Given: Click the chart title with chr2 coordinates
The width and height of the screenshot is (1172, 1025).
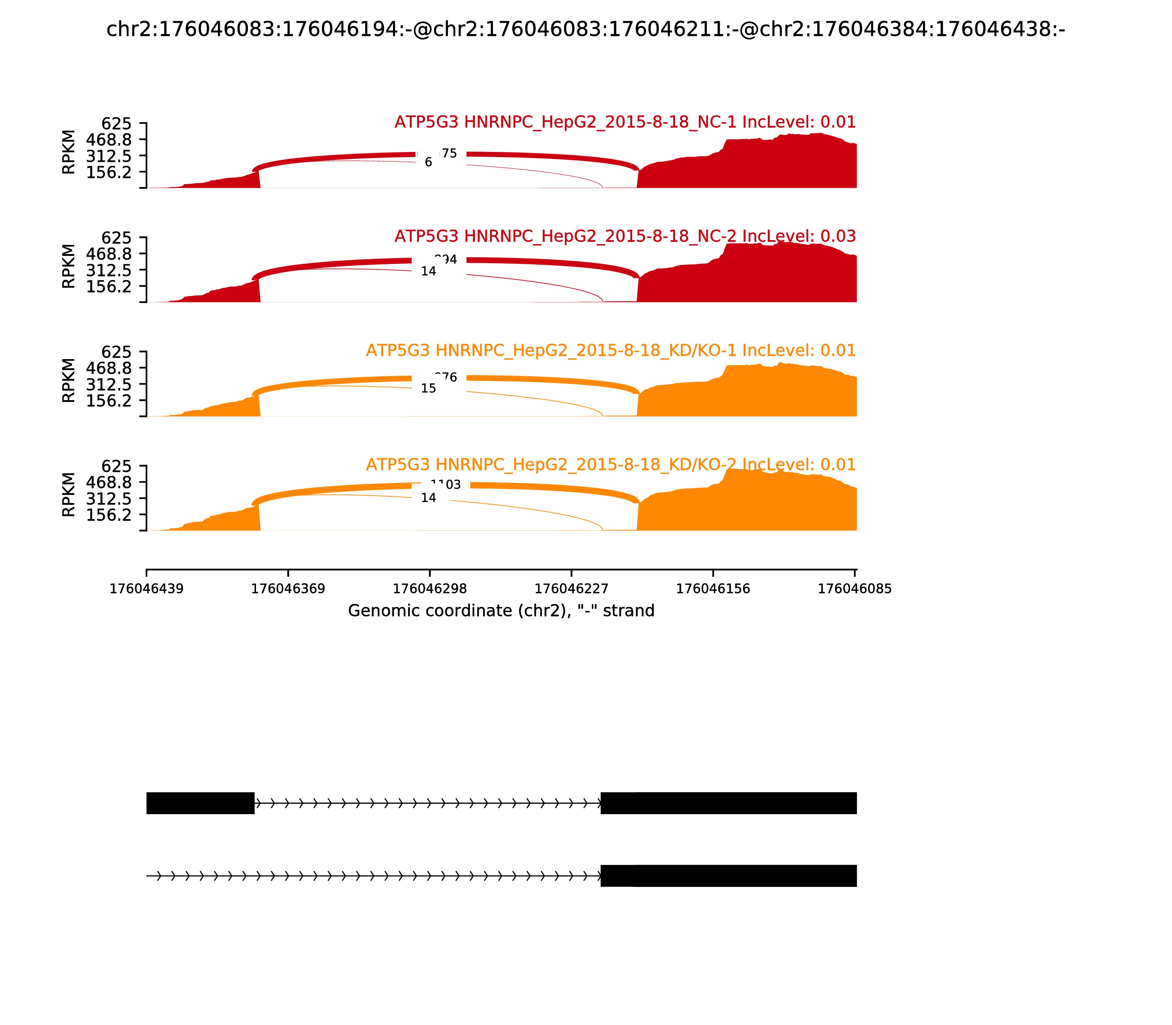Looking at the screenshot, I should tap(585, 29).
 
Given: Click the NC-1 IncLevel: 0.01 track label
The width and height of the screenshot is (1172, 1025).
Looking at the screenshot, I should tap(625, 122).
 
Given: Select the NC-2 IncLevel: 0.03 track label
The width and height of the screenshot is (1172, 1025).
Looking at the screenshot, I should tap(625, 236).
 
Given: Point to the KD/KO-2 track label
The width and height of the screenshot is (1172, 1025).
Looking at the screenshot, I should tap(611, 465).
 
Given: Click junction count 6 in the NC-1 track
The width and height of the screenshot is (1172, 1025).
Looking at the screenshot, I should tap(428, 163).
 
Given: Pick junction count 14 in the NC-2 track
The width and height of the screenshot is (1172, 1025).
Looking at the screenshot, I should tap(428, 271).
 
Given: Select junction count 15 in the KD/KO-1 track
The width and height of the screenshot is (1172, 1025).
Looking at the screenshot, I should tap(428, 388).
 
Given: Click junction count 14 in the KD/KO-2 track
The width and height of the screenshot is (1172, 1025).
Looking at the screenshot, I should tap(428, 497).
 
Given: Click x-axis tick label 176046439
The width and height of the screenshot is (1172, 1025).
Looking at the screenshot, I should tap(146, 589).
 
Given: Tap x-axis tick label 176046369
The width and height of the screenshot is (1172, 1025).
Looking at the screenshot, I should tap(288, 589).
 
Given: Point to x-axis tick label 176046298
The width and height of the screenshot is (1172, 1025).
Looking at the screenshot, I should tap(430, 589).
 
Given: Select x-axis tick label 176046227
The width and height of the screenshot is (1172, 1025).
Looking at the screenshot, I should tap(571, 589).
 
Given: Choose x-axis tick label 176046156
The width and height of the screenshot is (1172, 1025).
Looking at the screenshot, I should tap(713, 589).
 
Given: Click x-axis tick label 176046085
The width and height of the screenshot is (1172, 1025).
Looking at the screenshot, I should tap(854, 589).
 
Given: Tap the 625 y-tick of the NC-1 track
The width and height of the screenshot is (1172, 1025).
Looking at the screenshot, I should tap(116, 124).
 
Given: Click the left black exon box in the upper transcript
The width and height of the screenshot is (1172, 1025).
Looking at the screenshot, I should tap(200, 803).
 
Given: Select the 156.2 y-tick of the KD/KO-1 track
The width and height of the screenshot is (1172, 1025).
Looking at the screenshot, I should tap(109, 400).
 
